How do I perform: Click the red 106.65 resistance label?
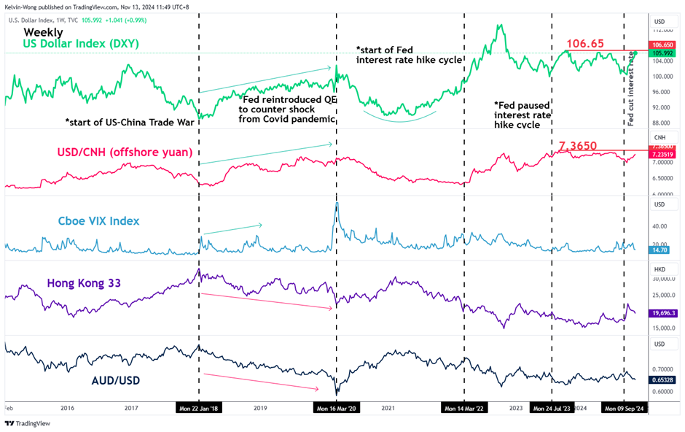click(x=585, y=45)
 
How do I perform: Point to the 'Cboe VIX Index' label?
click(x=99, y=221)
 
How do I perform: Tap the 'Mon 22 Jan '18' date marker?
click(x=198, y=409)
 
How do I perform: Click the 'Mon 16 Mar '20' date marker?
click(x=336, y=409)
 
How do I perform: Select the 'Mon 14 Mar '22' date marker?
click(x=464, y=409)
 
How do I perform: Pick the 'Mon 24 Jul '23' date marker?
click(x=552, y=409)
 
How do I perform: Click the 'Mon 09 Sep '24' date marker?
click(x=623, y=409)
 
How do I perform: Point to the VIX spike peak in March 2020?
click(x=337, y=203)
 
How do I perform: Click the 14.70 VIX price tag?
click(x=660, y=250)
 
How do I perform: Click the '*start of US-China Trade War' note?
click(x=130, y=122)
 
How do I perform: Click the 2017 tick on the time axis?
click(x=131, y=409)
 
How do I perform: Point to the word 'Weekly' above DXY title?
click(x=43, y=32)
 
